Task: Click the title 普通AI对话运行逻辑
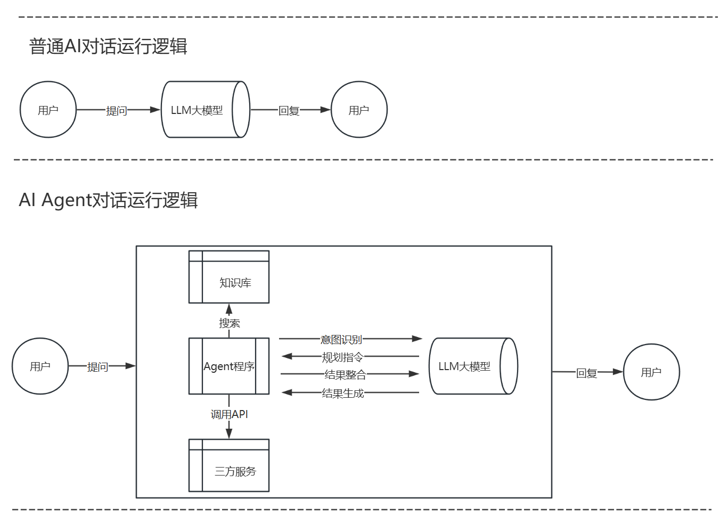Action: click(108, 46)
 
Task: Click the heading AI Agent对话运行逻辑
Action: click(108, 200)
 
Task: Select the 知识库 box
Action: click(229, 277)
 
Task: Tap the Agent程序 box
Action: click(229, 366)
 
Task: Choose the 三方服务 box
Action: click(229, 465)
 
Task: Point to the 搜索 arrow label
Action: click(230, 323)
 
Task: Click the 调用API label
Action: click(230, 414)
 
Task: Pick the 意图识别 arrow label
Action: click(341, 339)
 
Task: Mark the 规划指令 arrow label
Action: click(343, 357)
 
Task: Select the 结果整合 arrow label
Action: click(346, 374)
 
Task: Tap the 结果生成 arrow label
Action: click(343, 393)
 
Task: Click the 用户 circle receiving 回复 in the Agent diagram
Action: click(651, 372)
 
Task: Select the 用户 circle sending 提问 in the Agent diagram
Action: click(40, 366)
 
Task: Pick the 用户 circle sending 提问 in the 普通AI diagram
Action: click(48, 110)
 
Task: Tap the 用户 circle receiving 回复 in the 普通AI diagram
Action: click(359, 110)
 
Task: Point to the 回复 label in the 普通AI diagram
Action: click(289, 110)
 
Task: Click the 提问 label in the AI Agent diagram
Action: click(98, 366)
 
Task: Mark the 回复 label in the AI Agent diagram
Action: click(587, 373)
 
